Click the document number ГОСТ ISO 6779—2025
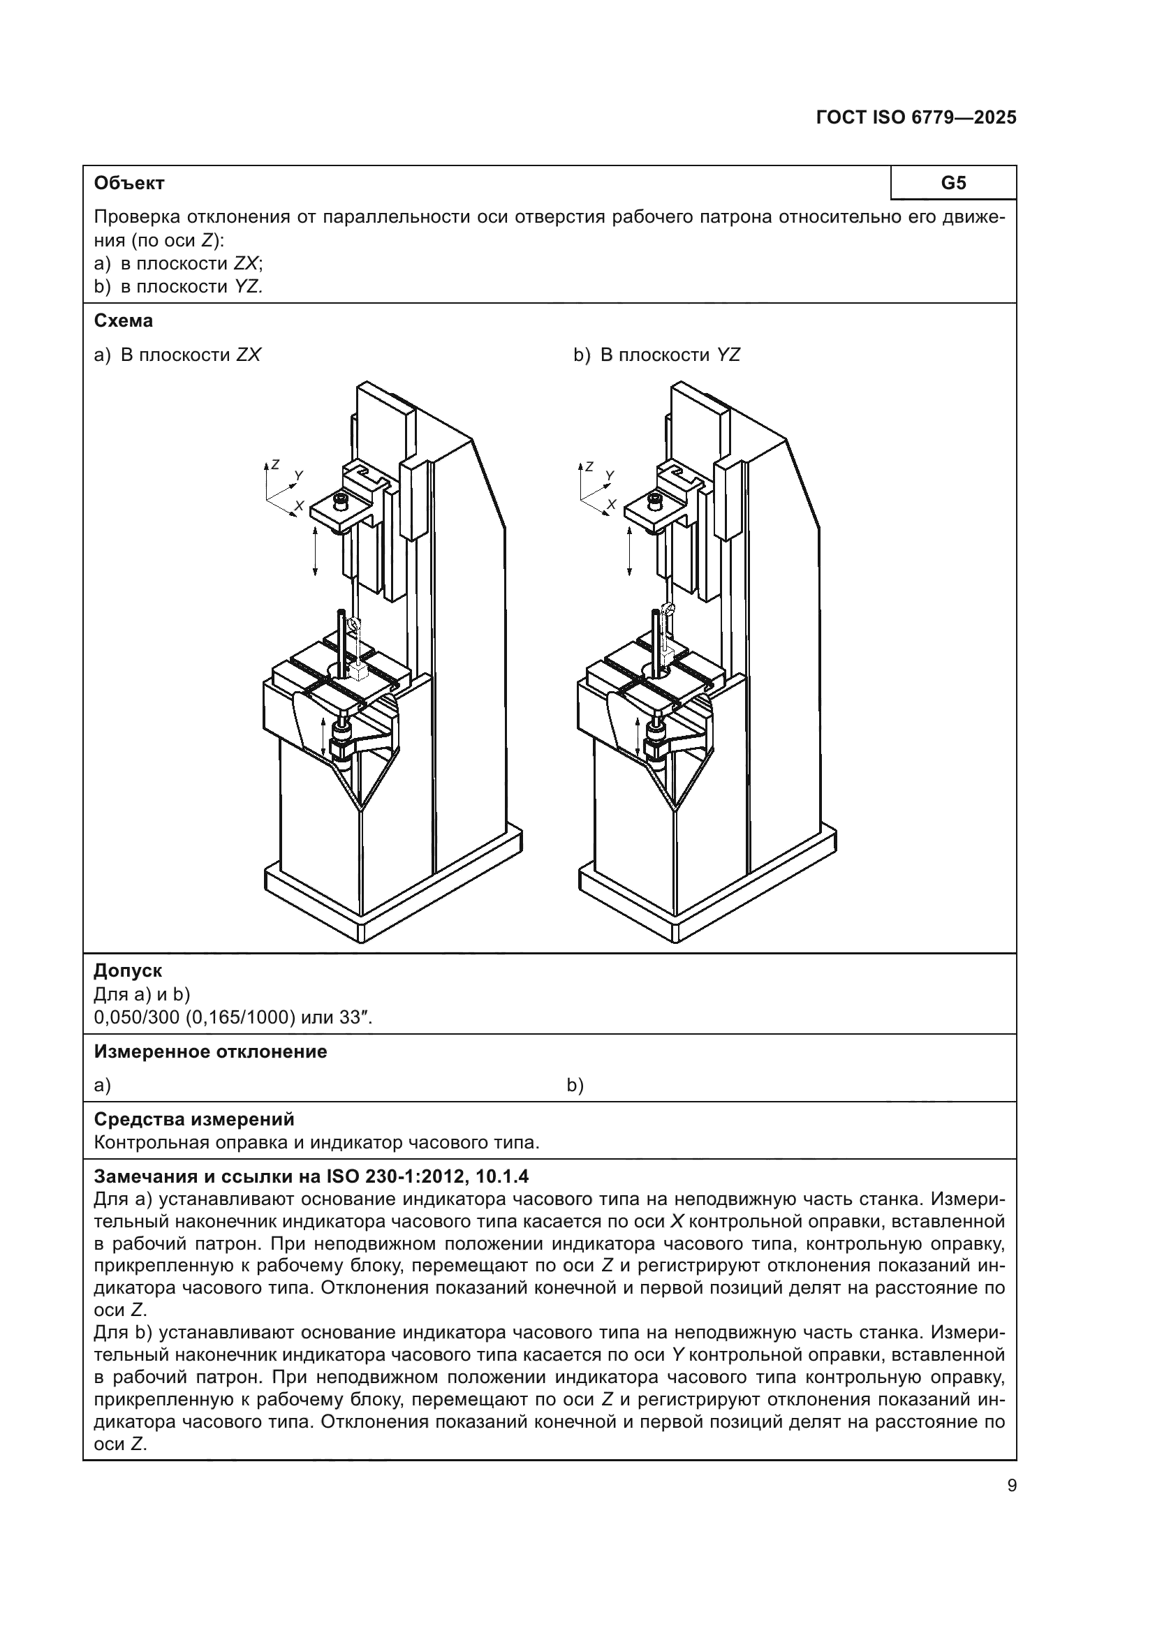(x=916, y=118)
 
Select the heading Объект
(x=128, y=183)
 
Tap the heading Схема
(x=123, y=320)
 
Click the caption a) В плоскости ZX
(x=178, y=355)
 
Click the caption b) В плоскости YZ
(x=657, y=355)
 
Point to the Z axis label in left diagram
(x=275, y=464)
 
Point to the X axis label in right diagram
(x=611, y=504)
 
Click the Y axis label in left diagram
(x=299, y=475)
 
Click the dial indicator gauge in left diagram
(x=353, y=625)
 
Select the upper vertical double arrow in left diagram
(x=316, y=552)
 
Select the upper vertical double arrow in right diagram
(x=629, y=552)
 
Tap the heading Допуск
(x=128, y=970)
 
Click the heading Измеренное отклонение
(x=210, y=1051)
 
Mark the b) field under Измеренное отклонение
(x=575, y=1086)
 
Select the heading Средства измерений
(x=193, y=1118)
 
